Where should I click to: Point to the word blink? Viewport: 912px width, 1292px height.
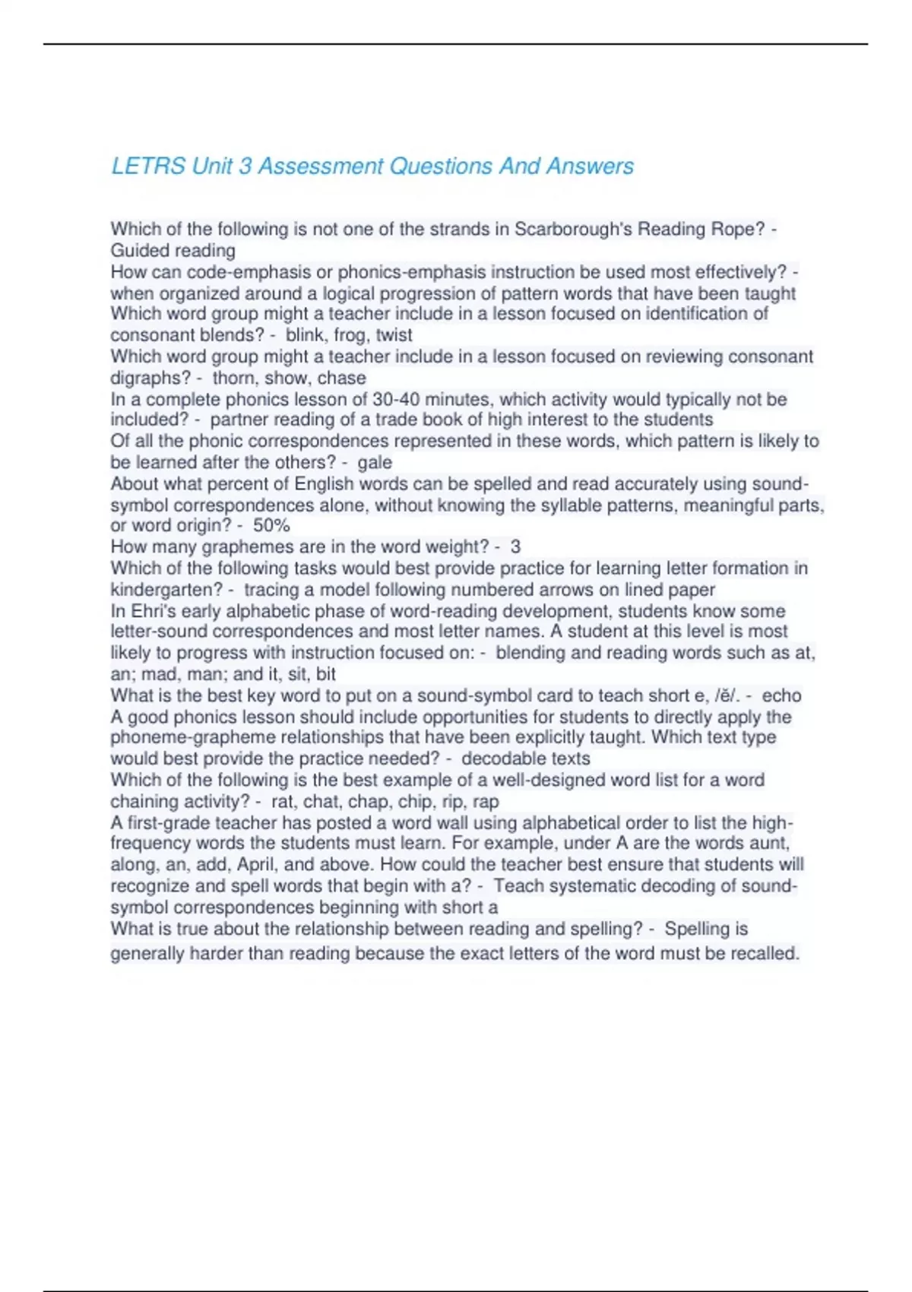(307, 335)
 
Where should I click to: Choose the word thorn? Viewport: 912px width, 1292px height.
(234, 378)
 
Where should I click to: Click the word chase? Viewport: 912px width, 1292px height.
(343, 378)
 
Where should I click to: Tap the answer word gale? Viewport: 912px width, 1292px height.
(375, 462)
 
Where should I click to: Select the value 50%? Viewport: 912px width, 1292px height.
(271, 525)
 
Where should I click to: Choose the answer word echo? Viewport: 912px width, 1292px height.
(781, 695)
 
